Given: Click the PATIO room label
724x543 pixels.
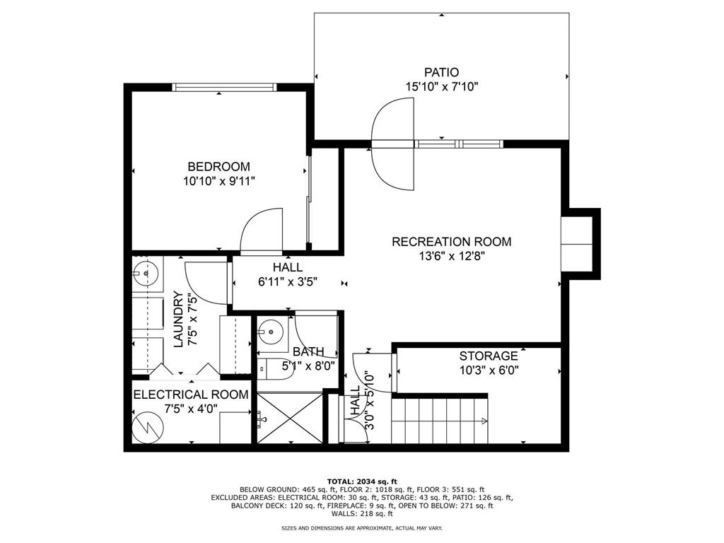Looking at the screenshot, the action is pos(441,73).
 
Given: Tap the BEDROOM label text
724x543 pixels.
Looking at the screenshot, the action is pos(219,166).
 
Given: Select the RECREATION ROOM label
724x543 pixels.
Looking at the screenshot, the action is pos(452,242).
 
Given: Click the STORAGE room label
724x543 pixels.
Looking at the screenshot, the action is pos(489,356).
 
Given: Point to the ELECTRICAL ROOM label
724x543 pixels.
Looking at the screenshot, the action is pos(191,395).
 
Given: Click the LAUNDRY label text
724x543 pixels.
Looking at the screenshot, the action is pos(179,320).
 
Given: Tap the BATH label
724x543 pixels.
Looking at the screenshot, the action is pos(308,352).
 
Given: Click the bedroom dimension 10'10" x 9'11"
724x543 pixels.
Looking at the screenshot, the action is pos(219,180).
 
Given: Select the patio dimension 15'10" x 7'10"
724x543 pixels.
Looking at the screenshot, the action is pos(441,86).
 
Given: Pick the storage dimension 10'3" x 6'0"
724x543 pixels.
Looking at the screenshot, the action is pos(489,370).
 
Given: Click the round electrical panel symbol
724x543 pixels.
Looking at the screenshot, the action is pos(147,427).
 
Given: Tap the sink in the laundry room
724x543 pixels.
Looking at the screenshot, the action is pos(146,274).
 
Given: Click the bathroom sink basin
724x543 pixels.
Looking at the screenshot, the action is pos(269,331).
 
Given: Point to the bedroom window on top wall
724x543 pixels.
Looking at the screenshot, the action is pos(225,87).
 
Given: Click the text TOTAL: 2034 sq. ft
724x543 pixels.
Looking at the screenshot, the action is pos(362,481).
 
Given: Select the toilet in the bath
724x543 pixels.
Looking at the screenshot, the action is pos(275,369).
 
